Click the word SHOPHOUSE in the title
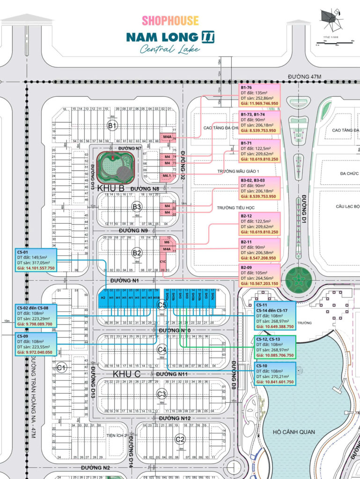[x=170, y=21]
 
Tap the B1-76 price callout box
[x=259, y=95]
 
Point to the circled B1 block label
[x=112, y=125]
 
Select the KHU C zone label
[x=126, y=374]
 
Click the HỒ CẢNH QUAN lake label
[x=295, y=432]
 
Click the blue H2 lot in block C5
[x=103, y=298]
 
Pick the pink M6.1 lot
[x=166, y=176]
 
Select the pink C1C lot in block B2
[x=163, y=261]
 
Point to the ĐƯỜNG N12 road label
[x=174, y=418]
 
